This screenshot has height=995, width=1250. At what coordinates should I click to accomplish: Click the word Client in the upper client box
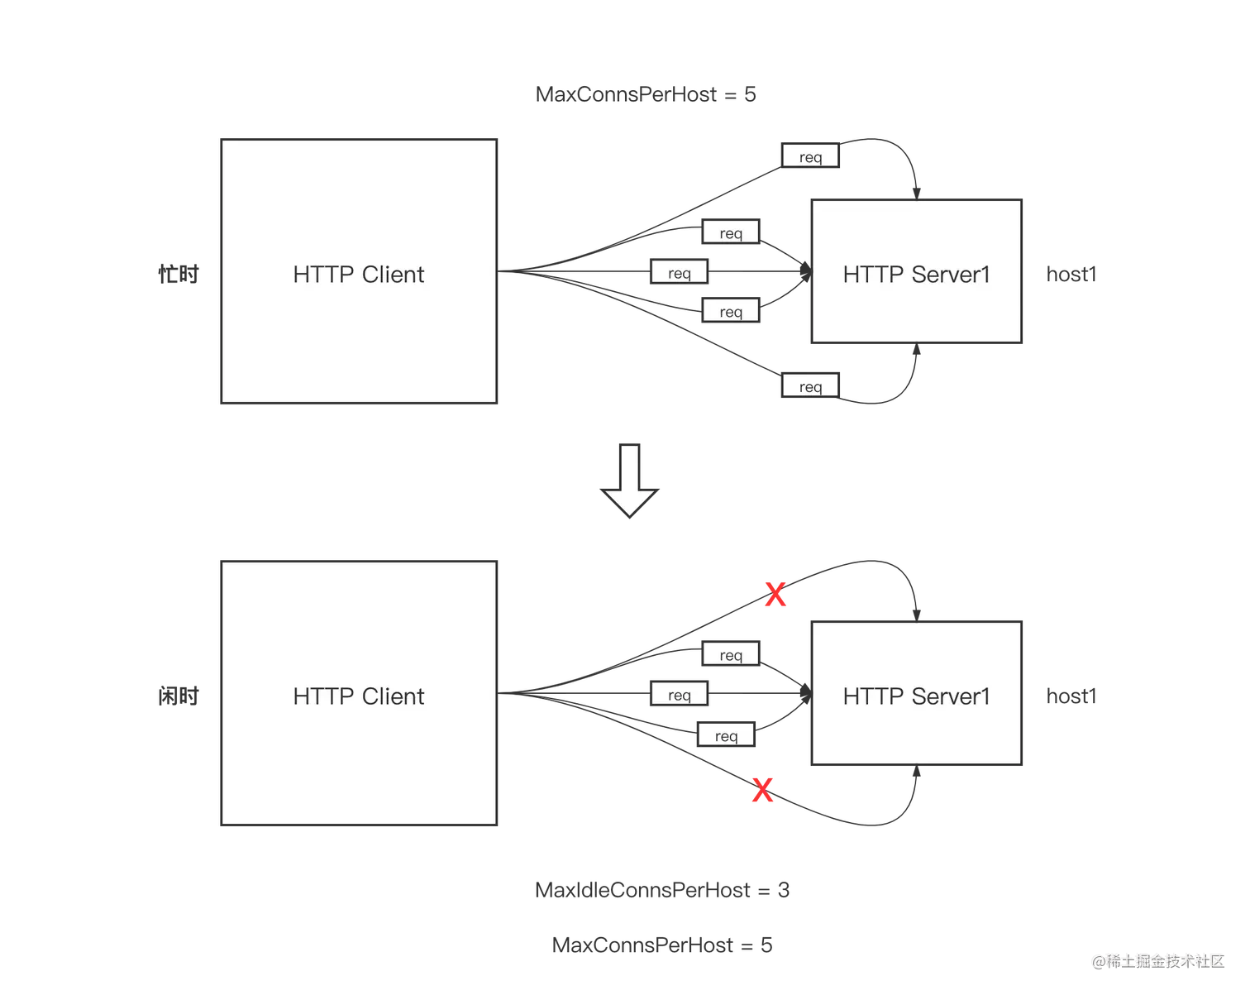[393, 275]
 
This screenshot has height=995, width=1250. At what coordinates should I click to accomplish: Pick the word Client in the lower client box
[393, 696]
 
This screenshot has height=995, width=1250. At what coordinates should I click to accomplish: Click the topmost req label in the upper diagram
[810, 157]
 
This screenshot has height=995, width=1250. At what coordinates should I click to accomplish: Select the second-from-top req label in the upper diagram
[731, 233]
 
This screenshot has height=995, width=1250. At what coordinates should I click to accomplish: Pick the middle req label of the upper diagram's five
[679, 273]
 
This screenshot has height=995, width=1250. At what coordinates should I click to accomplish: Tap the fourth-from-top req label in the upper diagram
[731, 312]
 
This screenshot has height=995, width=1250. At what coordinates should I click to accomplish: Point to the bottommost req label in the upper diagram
[810, 386]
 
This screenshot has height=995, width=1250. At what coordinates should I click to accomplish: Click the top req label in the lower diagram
[731, 655]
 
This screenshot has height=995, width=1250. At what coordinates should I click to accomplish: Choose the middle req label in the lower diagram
[679, 695]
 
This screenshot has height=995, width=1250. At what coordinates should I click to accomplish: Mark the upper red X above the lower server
[775, 594]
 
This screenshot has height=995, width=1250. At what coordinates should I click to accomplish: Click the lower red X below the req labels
[761, 790]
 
